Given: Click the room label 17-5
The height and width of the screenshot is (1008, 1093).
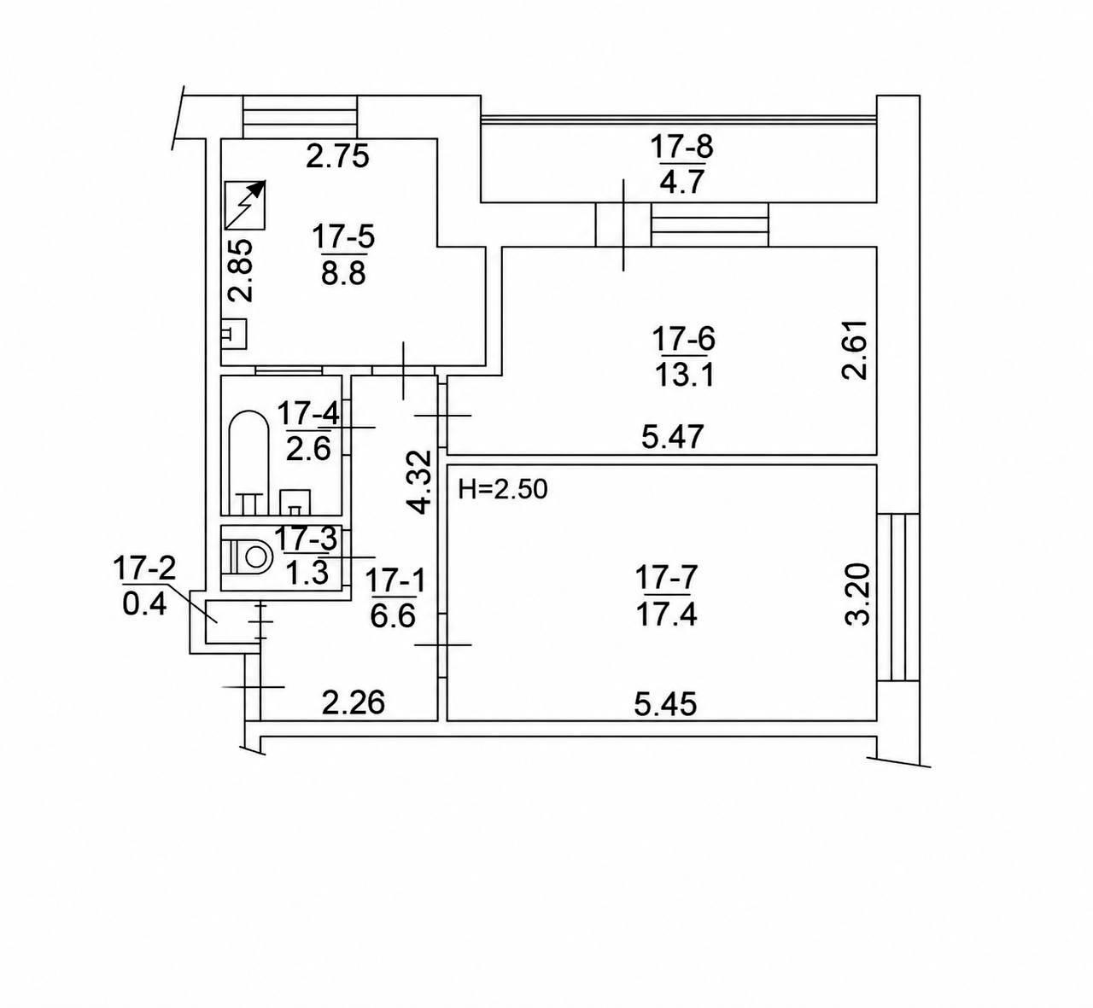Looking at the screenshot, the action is (x=343, y=237).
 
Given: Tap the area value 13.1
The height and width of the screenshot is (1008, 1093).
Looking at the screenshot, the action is (x=685, y=376).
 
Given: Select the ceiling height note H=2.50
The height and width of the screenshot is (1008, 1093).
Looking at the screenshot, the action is (x=503, y=489).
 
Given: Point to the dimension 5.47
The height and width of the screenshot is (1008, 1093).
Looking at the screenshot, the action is (x=673, y=437).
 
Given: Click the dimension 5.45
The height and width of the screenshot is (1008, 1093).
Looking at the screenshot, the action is (x=665, y=704).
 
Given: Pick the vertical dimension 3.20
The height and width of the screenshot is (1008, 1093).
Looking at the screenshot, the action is (x=857, y=593).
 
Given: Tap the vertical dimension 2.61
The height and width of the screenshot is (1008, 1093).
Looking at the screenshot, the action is (x=855, y=350).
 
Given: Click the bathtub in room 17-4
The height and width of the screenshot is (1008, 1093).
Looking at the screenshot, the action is (x=248, y=463).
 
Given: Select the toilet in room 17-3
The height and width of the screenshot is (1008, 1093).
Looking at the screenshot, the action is (x=247, y=557).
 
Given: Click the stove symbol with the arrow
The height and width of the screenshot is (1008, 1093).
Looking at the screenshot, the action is (x=245, y=205).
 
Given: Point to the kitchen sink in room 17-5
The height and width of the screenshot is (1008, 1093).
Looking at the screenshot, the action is (x=234, y=334).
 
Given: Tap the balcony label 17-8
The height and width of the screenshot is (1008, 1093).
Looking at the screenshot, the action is (x=682, y=147).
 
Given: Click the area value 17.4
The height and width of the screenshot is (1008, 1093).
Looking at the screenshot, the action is (x=667, y=615).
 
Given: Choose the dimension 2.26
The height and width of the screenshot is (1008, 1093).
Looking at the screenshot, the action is (x=353, y=703).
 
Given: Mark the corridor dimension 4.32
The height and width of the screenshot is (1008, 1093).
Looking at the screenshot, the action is (x=420, y=482).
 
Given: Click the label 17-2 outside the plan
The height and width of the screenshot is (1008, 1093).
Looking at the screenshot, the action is (x=144, y=569).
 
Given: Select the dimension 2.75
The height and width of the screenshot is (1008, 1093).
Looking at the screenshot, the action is (x=337, y=156).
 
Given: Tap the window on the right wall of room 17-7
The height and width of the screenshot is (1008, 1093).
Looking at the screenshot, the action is (x=898, y=597).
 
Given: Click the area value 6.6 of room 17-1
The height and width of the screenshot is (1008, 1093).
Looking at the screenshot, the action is (x=393, y=617).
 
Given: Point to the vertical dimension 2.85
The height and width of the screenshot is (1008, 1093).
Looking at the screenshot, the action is (x=241, y=271).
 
